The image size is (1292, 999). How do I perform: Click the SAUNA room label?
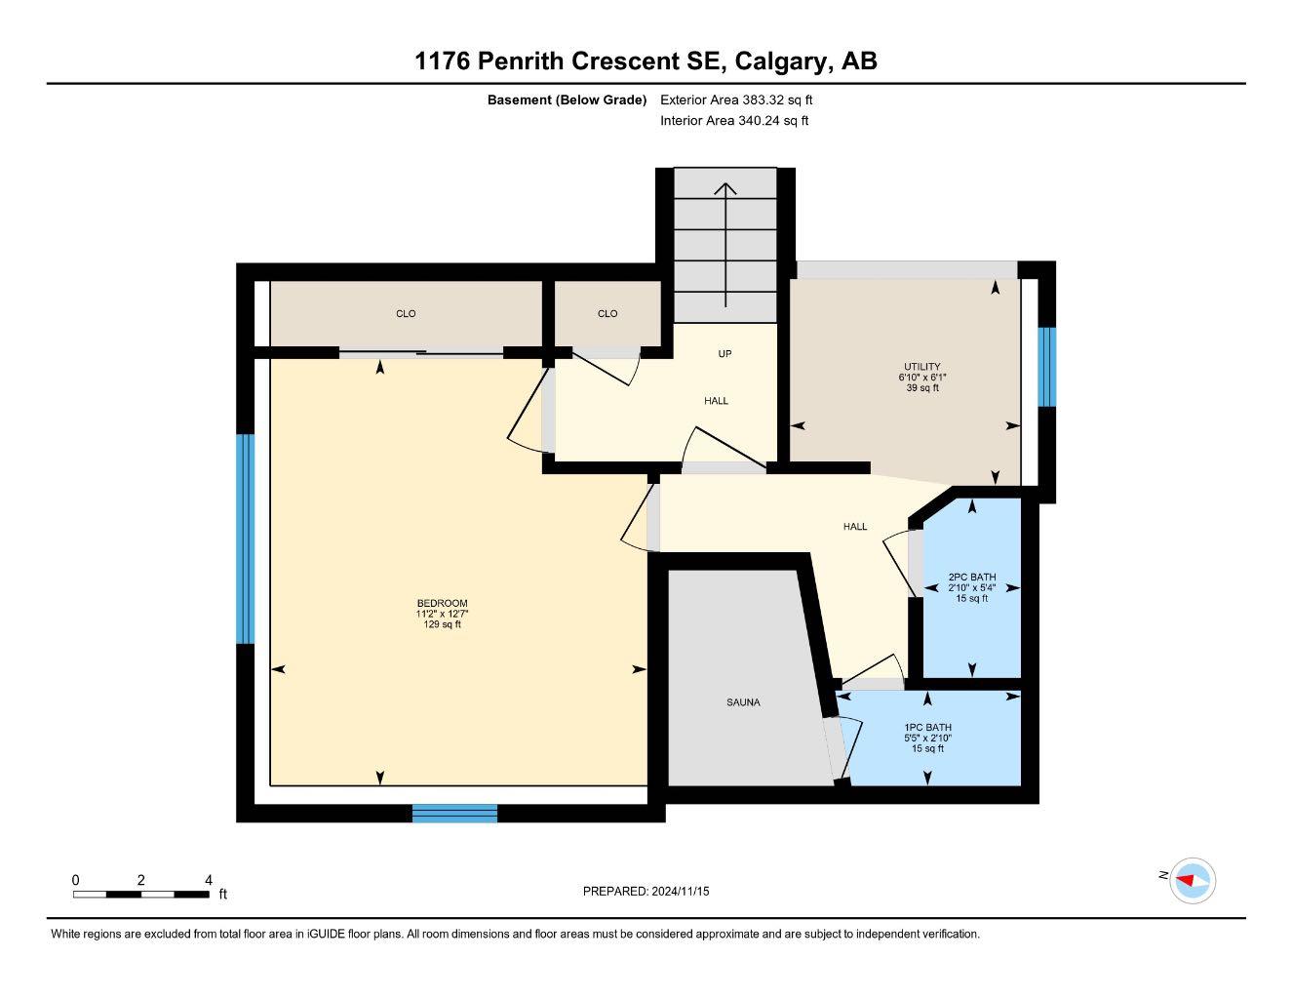[742, 702]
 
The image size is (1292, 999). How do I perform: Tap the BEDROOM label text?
[442, 603]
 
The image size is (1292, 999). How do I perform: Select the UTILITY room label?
[921, 367]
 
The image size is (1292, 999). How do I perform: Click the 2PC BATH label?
[971, 578]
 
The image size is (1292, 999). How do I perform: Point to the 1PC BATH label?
[927, 728]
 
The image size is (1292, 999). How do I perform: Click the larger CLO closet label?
[406, 314]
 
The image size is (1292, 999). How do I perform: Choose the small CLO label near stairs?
[607, 314]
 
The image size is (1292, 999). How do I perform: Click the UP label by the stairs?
[724, 354]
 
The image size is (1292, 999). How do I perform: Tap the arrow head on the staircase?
[725, 188]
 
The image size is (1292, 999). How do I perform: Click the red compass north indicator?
[1187, 880]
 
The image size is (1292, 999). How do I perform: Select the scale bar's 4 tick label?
[209, 880]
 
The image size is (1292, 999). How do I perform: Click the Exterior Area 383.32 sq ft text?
[736, 100]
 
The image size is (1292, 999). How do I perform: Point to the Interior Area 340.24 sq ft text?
[734, 121]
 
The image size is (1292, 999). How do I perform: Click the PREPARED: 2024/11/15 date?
[646, 891]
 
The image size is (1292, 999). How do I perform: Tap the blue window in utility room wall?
[1046, 366]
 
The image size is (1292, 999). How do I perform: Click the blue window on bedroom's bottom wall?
[454, 813]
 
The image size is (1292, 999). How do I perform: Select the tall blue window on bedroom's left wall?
[246, 539]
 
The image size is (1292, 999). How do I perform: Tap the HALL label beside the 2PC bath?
[855, 527]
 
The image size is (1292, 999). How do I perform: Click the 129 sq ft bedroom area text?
[442, 624]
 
